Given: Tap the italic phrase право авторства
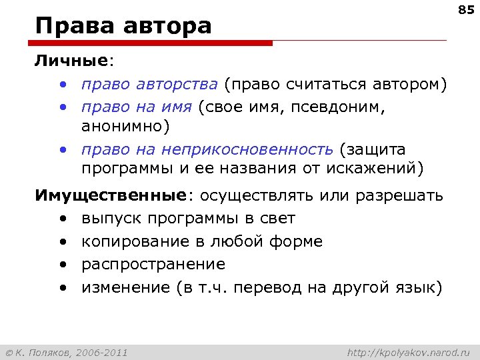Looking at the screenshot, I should [x=149, y=85].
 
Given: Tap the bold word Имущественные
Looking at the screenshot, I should [x=111, y=196].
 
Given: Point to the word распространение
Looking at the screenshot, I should [x=153, y=264].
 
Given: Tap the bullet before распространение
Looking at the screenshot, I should [x=62, y=265].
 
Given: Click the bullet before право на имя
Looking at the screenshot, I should [x=62, y=107].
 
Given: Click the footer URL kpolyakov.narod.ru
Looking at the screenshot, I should [x=409, y=351].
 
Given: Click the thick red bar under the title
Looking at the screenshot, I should [x=153, y=43].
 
